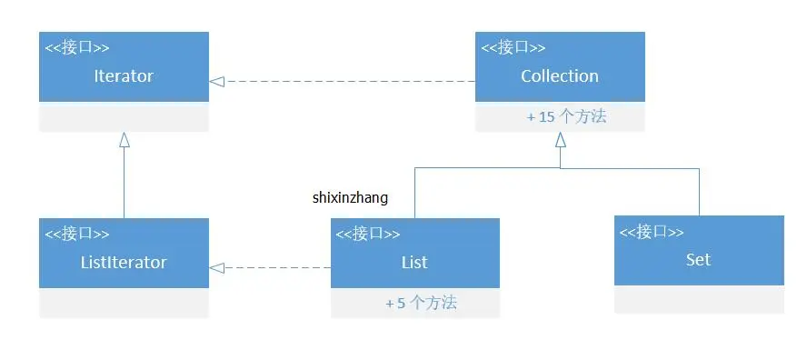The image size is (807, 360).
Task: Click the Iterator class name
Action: pyautogui.click(x=124, y=76)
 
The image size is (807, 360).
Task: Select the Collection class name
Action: pyautogui.click(x=560, y=76)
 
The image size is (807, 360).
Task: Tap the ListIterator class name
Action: pyautogui.click(x=124, y=263)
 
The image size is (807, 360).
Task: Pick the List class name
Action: pyautogui.click(x=414, y=263)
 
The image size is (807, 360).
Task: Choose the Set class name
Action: pyautogui.click(x=698, y=260)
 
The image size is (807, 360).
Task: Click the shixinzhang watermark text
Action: pyautogui.click(x=350, y=197)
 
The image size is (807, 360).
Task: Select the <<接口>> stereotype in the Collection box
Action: pyautogui.click(x=513, y=48)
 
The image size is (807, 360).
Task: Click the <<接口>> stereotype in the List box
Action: pyautogui.click(x=368, y=235)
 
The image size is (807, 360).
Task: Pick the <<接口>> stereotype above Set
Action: pyautogui.click(x=652, y=232)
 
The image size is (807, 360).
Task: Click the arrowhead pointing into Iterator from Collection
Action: pyautogui.click(x=216, y=81)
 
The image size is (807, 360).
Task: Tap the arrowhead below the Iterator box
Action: pyautogui.click(x=125, y=139)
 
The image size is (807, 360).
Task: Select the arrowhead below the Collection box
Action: pyautogui.click(x=561, y=139)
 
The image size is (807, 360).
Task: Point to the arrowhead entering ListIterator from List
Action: pyautogui.click(x=216, y=267)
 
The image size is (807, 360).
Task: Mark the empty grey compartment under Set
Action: pyautogui.click(x=699, y=300)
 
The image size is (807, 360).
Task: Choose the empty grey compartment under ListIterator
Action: pyautogui.click(x=124, y=303)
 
